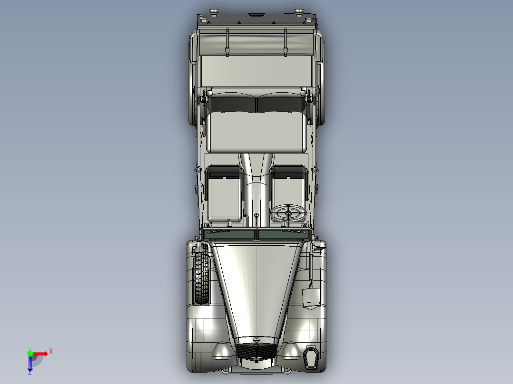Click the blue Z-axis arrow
pyautogui.click(x=30, y=364)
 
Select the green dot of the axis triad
pyautogui.click(x=30, y=353)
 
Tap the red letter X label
pyautogui.click(x=51, y=351)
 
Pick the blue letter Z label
pyautogui.click(x=30, y=373)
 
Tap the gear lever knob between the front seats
pyautogui.click(x=256, y=215)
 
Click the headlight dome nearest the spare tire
pyautogui.click(x=222, y=351)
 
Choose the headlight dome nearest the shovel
pyautogui.click(x=290, y=351)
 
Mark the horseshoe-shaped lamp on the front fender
pyautogui.click(x=312, y=357)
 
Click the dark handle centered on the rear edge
pyautogui.click(x=256, y=15)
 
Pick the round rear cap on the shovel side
pyautogui.click(x=299, y=11)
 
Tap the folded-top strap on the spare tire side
pyautogui.click(x=227, y=43)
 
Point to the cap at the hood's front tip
pyautogui.click(x=257, y=339)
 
